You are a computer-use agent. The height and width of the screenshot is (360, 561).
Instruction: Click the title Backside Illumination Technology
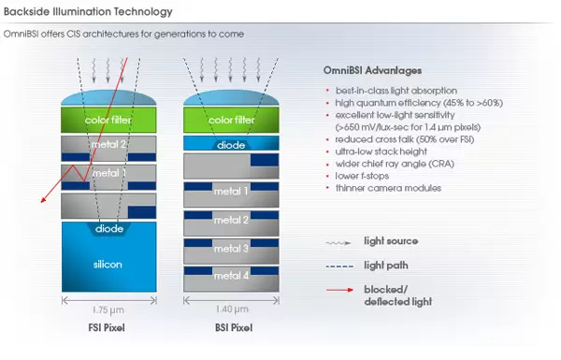point(88,12)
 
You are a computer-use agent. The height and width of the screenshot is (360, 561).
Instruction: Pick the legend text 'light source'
point(391,241)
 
